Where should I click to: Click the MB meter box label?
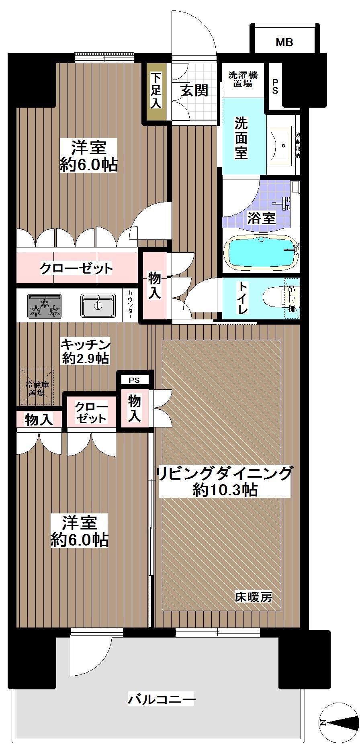click(284, 42)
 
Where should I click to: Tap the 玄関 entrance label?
click(194, 90)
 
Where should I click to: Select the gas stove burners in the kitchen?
click(45, 305)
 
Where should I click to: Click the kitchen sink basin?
click(98, 305)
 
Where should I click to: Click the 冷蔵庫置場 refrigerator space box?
click(37, 388)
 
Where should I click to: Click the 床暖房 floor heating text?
click(253, 597)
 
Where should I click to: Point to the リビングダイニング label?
click(224, 473)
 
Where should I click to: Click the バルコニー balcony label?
click(162, 699)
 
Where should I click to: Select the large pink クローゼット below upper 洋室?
click(76, 268)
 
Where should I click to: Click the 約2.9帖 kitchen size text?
click(85, 358)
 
